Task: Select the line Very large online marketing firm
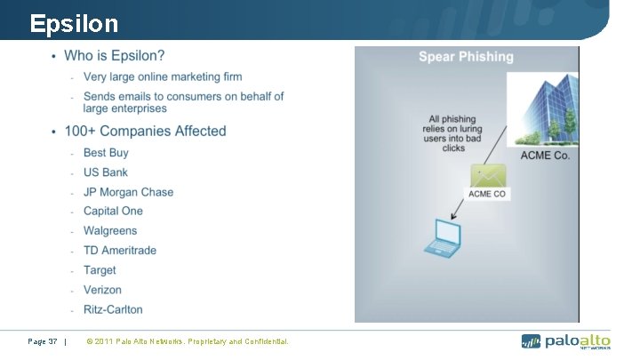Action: (163, 77)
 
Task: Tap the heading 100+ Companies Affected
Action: (145, 132)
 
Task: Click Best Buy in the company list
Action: (106, 153)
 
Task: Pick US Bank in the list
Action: (105, 172)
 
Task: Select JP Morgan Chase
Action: (128, 192)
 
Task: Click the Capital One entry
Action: (113, 212)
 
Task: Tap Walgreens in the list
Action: (110, 231)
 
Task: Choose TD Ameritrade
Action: (120, 251)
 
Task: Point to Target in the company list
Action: (100, 270)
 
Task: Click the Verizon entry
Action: (102, 290)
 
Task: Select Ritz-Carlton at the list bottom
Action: (113, 309)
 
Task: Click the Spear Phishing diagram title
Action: (466, 57)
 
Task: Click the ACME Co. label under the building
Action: (545, 156)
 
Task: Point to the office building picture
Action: (542, 108)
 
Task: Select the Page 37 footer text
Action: (43, 341)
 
